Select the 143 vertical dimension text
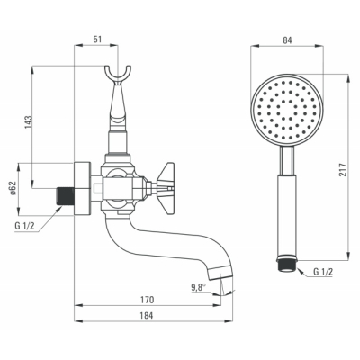[x=29, y=122]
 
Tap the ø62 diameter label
[x=13, y=189]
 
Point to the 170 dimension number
[x=148, y=300]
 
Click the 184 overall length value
[x=147, y=315]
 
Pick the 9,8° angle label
[x=198, y=287]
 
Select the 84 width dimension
[x=287, y=40]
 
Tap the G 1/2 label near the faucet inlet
[x=24, y=226]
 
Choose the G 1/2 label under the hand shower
[x=323, y=272]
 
